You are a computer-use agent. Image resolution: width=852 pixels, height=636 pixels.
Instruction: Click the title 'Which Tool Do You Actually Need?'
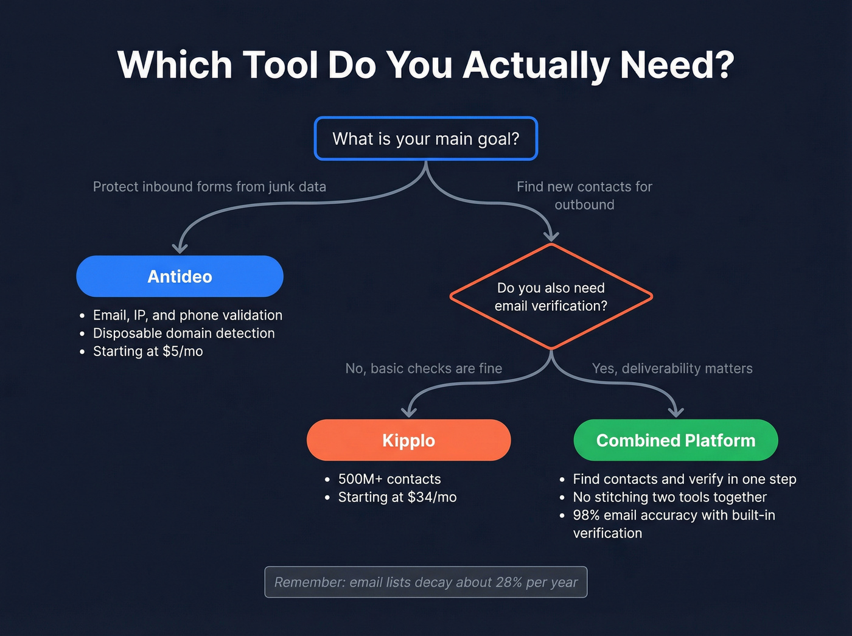425,65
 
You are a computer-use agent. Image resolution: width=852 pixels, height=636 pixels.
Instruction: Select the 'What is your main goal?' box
425,139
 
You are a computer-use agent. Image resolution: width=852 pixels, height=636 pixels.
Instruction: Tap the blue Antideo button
180,276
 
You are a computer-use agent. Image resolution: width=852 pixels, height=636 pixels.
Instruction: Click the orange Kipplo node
408,440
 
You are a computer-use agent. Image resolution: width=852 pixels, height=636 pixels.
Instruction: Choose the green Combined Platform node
676,440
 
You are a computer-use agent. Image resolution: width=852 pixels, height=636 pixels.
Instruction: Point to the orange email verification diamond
551,297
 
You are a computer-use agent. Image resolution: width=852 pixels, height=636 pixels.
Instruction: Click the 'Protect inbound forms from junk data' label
209,187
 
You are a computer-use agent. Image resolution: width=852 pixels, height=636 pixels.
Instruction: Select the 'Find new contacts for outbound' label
584,195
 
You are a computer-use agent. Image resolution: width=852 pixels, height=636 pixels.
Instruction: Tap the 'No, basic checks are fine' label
424,368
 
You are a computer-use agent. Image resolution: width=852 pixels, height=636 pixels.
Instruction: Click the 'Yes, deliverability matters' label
672,368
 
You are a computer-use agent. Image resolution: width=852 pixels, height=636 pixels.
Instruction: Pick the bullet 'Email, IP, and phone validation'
187,315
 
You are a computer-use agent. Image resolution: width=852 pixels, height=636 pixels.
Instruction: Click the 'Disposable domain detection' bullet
184,334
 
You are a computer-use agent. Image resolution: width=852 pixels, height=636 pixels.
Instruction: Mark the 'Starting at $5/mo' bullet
148,351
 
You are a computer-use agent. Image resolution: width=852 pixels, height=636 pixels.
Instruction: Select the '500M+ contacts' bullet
389,479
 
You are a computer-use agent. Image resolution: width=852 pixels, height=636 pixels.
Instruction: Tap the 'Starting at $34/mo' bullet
397,497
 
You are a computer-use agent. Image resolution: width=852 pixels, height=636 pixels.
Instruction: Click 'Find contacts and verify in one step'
684,479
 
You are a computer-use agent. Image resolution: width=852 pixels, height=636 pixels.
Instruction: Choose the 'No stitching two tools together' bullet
669,497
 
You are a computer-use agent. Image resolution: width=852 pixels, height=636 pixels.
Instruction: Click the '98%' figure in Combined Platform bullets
586,515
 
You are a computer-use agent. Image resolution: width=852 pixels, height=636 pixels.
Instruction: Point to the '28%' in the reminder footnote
508,582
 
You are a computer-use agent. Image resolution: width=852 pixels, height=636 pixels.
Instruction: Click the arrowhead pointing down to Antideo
180,248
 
